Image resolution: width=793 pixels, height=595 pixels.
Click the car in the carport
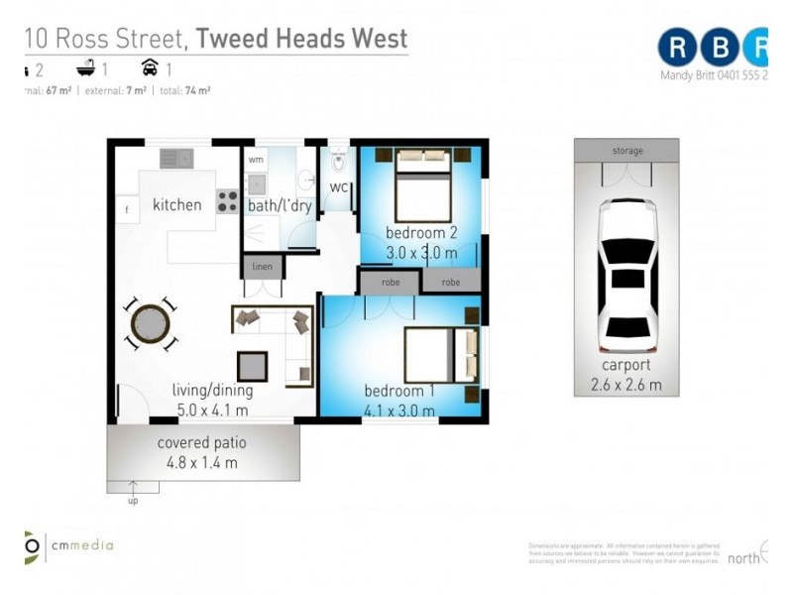point(626,276)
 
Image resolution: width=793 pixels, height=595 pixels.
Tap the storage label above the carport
point(626,151)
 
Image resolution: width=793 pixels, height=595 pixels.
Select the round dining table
point(151,322)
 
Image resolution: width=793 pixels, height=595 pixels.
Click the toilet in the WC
point(338,160)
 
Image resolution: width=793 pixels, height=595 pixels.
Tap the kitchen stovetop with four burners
point(228,201)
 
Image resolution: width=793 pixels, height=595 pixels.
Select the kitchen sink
point(176,158)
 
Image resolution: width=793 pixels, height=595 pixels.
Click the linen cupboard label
point(263,266)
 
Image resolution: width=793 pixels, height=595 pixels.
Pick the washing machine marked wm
point(256,160)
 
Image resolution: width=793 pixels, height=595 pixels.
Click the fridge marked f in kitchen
point(127,211)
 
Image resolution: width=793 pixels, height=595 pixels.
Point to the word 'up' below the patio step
point(133,501)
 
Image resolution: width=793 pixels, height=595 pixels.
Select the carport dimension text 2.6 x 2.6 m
point(626,385)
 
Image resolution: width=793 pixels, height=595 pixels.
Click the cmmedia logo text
point(83,544)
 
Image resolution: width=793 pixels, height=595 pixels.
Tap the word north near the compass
point(743,558)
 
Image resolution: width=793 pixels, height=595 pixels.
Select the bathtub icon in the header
point(89,68)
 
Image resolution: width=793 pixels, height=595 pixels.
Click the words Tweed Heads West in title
point(301,40)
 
